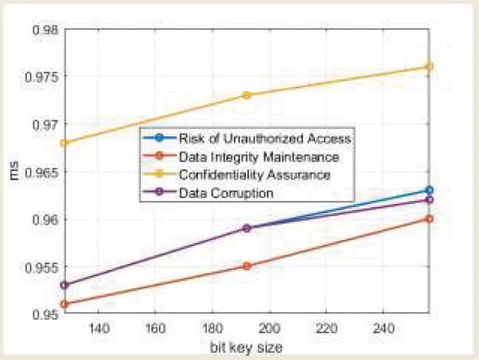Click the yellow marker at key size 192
click(247, 95)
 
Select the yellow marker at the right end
click(429, 66)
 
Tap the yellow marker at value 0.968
click(64, 143)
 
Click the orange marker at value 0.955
click(247, 265)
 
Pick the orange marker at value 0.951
click(64, 304)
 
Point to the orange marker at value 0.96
click(429, 219)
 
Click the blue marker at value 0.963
click(429, 190)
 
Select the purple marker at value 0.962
click(429, 199)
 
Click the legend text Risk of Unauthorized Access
click(264, 138)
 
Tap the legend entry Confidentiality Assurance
click(255, 176)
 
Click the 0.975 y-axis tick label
click(39, 77)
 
